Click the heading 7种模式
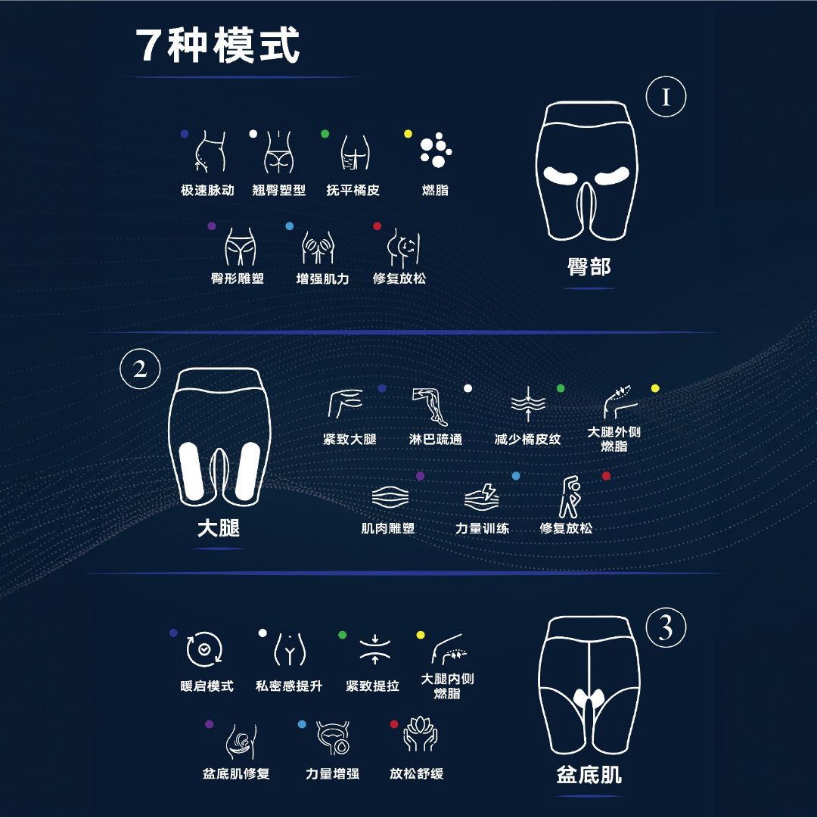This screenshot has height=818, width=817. pyautogui.click(x=217, y=46)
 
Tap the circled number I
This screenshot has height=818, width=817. pyautogui.click(x=666, y=97)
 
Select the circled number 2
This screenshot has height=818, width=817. pyautogui.click(x=140, y=369)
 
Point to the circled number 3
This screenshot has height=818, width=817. pyautogui.click(x=666, y=627)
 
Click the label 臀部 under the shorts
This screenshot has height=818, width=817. pyautogui.click(x=589, y=267)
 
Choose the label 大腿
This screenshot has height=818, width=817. pyautogui.click(x=219, y=528)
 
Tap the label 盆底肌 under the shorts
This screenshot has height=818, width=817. pyautogui.click(x=589, y=775)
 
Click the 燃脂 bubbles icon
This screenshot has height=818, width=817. pyautogui.click(x=436, y=151)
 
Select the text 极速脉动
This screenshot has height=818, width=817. pyautogui.click(x=207, y=191)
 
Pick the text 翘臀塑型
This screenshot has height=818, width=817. pyautogui.click(x=279, y=191)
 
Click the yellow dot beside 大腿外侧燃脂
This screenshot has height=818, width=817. pyautogui.click(x=655, y=388)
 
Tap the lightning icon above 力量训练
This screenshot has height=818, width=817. pyautogui.click(x=482, y=497)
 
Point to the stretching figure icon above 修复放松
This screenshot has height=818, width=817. pyautogui.click(x=570, y=496)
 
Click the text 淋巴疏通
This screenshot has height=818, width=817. pyautogui.click(x=436, y=439)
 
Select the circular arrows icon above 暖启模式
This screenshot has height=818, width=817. pyautogui.click(x=204, y=649)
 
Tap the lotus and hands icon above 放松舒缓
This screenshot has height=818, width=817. pyautogui.click(x=421, y=734)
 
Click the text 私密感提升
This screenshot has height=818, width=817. pyautogui.click(x=290, y=686)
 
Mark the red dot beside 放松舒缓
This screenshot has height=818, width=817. pyautogui.click(x=394, y=724)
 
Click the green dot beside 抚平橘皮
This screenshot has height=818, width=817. pyautogui.click(x=325, y=133)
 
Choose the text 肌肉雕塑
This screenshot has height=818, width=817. pyautogui.click(x=388, y=528)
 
